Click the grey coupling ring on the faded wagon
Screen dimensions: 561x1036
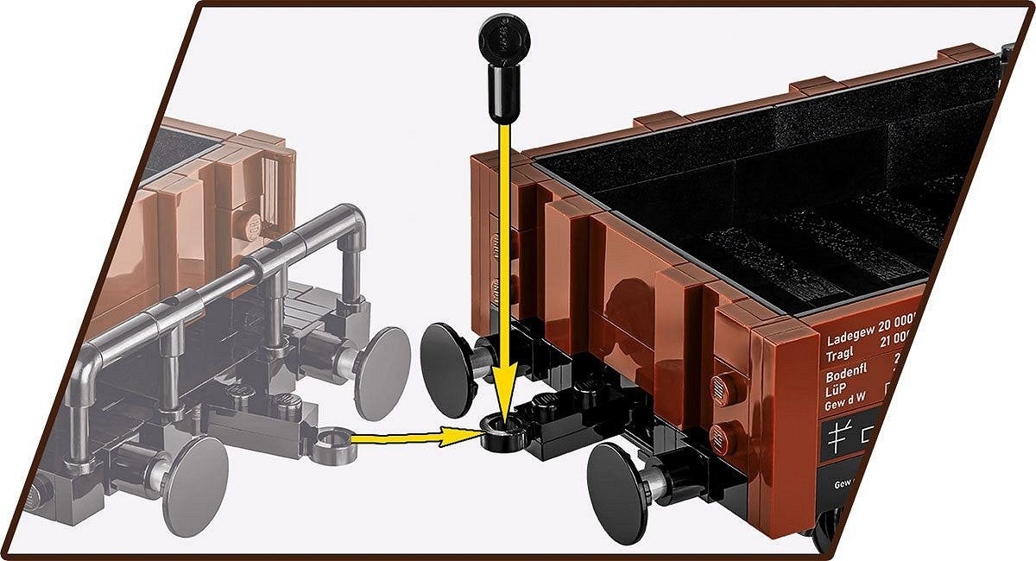click(332, 444)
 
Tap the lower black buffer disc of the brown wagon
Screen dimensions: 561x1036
click(618, 493)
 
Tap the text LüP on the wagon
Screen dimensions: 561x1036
click(836, 393)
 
